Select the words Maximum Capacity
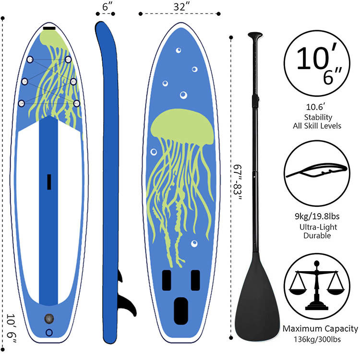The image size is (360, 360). tap(320, 329)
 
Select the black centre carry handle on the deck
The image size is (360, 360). tap(49, 181)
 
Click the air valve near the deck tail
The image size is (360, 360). tap(48, 318)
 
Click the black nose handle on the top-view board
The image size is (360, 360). tap(49, 29)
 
